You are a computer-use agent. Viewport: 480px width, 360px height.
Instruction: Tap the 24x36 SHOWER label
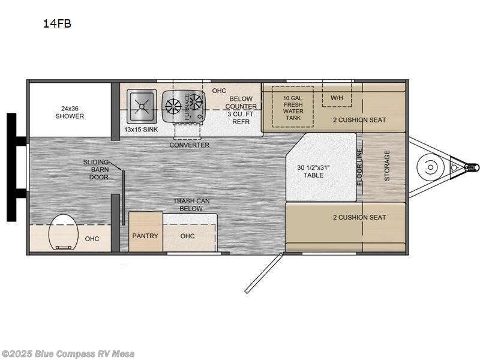pos(70,112)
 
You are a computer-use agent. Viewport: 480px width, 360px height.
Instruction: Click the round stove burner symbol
pos(173,106)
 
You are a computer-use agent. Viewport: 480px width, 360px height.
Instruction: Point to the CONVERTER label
pos(189,145)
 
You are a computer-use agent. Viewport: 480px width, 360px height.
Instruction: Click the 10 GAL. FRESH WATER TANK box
pos(293,107)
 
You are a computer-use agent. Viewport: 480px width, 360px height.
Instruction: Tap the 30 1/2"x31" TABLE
pos(313,171)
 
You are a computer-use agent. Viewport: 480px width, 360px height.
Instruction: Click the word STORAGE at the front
pos(387,166)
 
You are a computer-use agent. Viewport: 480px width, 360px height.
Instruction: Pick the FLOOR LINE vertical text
pos(361,166)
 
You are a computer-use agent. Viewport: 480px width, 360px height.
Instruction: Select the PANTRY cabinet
pos(145,235)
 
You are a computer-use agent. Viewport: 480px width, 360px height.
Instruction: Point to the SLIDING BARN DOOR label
pos(97,170)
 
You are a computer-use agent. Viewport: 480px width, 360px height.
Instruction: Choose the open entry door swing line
pos(263,272)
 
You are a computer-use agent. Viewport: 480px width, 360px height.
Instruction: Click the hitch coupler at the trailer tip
pos(474,166)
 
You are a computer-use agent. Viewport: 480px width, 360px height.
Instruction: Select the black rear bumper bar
pos(11,167)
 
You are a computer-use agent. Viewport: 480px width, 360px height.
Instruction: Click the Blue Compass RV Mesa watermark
pos(68,353)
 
